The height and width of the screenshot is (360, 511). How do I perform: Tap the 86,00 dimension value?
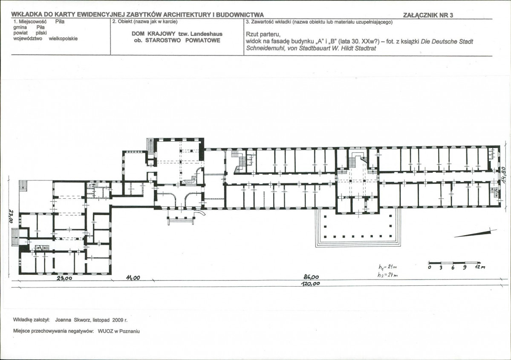coord(311,277)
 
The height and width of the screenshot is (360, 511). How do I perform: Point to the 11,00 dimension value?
coord(133,278)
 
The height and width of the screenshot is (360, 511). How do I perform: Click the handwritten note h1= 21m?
coord(387,267)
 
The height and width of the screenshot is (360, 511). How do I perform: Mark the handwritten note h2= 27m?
coord(388,275)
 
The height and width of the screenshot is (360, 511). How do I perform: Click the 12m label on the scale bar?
coord(480,267)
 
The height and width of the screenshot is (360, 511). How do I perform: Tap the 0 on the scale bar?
coord(430,267)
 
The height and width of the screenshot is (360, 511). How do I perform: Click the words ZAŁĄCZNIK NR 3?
coord(428,15)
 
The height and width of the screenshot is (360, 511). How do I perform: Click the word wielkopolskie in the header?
coord(63,38)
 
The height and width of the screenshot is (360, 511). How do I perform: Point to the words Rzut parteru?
coord(263,35)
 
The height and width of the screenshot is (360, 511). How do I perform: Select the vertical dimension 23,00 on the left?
coord(10,216)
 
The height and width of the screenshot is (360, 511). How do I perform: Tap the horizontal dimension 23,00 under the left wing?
coord(64,279)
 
